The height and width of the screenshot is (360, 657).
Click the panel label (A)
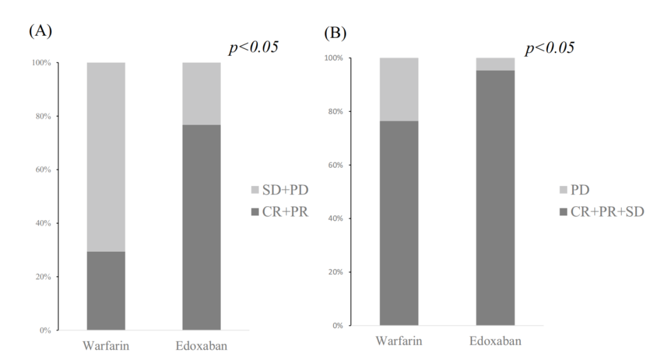pos(40,32)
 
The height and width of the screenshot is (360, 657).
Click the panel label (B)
pos(334,32)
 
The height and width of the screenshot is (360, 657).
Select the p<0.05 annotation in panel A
pos(253,48)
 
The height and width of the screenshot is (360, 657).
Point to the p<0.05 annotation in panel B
pos(550,48)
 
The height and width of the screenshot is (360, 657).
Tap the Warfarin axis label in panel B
pos(398,341)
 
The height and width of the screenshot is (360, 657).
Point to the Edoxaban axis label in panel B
pos(495,341)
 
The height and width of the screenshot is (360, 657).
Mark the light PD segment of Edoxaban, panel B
pos(495,64)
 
